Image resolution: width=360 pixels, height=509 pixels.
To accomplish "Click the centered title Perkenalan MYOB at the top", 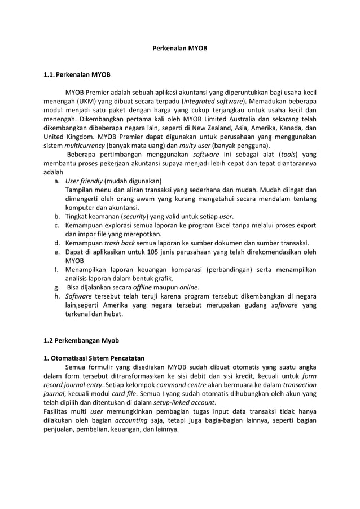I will [180, 49].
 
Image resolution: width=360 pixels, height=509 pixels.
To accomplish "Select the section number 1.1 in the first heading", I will [50, 74].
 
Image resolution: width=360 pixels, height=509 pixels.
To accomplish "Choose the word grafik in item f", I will [162, 278].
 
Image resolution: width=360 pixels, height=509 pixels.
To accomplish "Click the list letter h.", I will [57, 296].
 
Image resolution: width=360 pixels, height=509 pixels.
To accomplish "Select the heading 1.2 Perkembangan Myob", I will [81, 340].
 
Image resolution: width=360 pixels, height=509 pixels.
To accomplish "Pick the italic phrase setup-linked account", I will [186, 403].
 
